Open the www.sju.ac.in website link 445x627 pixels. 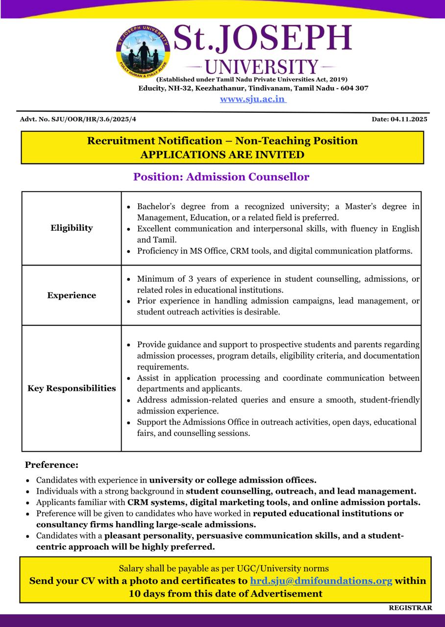pos(252,99)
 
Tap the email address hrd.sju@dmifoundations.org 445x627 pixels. pos(321,581)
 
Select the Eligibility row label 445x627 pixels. pos(72,228)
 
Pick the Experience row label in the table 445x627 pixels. pos(72,295)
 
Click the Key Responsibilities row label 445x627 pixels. pos(72,388)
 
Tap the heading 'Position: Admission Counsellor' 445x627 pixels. pos(221,177)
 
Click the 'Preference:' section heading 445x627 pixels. pos(51,465)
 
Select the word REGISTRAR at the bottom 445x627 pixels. pos(410,608)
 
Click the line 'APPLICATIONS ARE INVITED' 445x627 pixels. pos(222,155)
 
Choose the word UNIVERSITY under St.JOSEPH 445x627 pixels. pos(261,67)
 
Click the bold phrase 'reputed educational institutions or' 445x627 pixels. pos(328,513)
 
